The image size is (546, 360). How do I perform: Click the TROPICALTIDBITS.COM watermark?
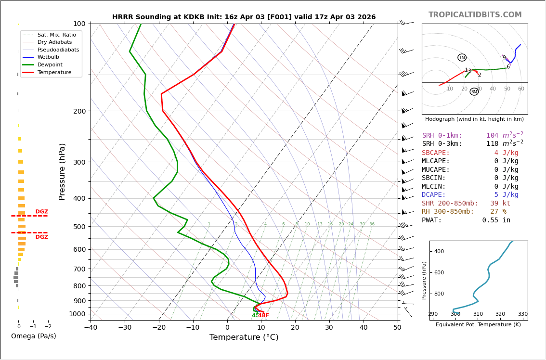(475, 15)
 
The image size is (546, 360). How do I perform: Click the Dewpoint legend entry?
(50, 64)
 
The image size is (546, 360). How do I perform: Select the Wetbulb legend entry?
(48, 57)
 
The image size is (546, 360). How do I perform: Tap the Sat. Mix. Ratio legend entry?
(56, 35)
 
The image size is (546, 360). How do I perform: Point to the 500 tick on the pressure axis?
(79, 227)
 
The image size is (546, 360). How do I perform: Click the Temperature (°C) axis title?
(244, 337)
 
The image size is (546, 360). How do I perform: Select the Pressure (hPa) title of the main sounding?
(62, 171)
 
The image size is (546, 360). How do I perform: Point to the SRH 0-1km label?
(442, 136)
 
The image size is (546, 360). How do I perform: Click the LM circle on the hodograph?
(462, 58)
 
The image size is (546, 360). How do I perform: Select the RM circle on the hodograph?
(474, 91)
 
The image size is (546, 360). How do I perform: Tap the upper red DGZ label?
(41, 212)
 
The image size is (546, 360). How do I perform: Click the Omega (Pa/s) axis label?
(33, 336)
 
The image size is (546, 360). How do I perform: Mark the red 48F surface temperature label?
(263, 316)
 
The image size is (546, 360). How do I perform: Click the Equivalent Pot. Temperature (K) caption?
(478, 325)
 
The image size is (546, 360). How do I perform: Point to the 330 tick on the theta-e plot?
(522, 314)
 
